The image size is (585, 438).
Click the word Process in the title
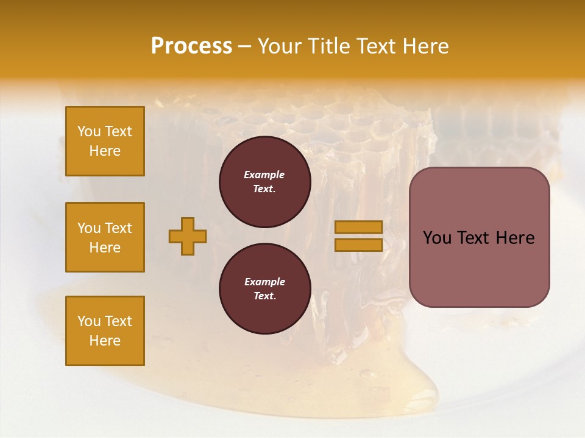tap(191, 46)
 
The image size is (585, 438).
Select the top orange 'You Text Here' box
tap(105, 141)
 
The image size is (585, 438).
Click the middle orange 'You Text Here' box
tap(105, 237)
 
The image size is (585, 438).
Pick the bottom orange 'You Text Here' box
tap(105, 331)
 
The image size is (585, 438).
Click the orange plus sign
tap(188, 236)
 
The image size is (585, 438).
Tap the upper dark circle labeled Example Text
tap(264, 182)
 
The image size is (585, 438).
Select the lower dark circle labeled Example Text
tap(264, 289)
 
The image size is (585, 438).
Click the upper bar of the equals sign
tap(358, 228)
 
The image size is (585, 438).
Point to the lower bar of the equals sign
tap(358, 245)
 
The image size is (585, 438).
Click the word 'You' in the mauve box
tap(436, 238)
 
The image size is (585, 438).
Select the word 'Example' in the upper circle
tap(264, 175)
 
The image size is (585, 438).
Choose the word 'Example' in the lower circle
tap(264, 282)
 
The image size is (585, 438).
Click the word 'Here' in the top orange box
tap(105, 151)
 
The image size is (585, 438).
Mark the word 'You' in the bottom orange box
tap(89, 321)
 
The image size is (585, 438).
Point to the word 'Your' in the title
tap(279, 46)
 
